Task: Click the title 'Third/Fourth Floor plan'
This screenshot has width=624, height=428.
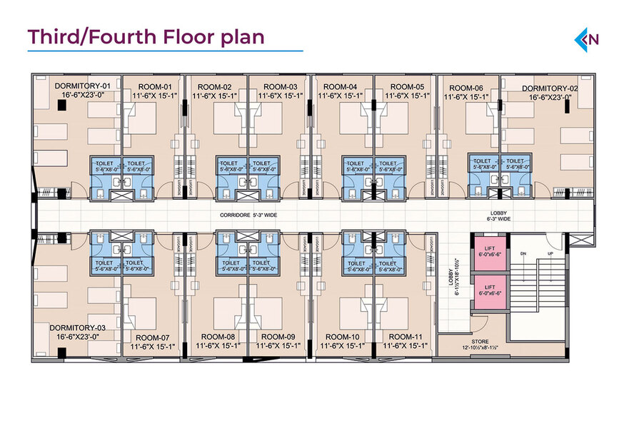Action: point(146,37)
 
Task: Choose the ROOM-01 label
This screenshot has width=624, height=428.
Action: point(151,86)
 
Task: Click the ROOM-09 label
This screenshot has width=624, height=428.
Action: point(278,337)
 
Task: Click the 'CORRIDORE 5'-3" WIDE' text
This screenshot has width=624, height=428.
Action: point(248,213)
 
